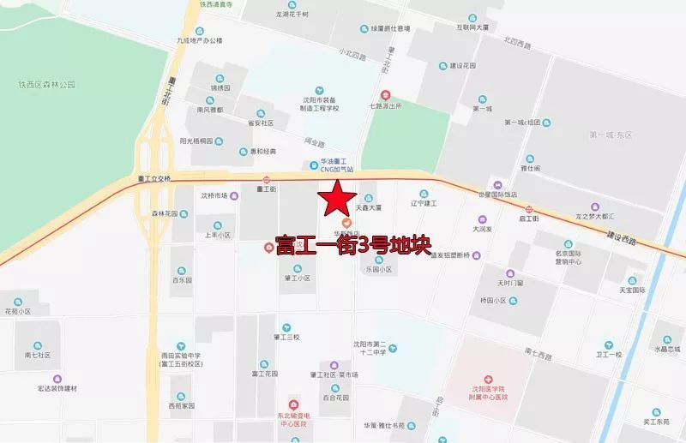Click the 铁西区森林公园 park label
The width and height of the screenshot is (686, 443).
pyautogui.click(x=47, y=85)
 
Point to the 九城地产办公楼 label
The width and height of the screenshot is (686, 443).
pyautogui.click(x=199, y=40)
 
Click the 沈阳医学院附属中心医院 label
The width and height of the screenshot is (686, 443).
pyautogui.click(x=488, y=393)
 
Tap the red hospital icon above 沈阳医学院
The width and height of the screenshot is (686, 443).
pyautogui.click(x=488, y=378)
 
